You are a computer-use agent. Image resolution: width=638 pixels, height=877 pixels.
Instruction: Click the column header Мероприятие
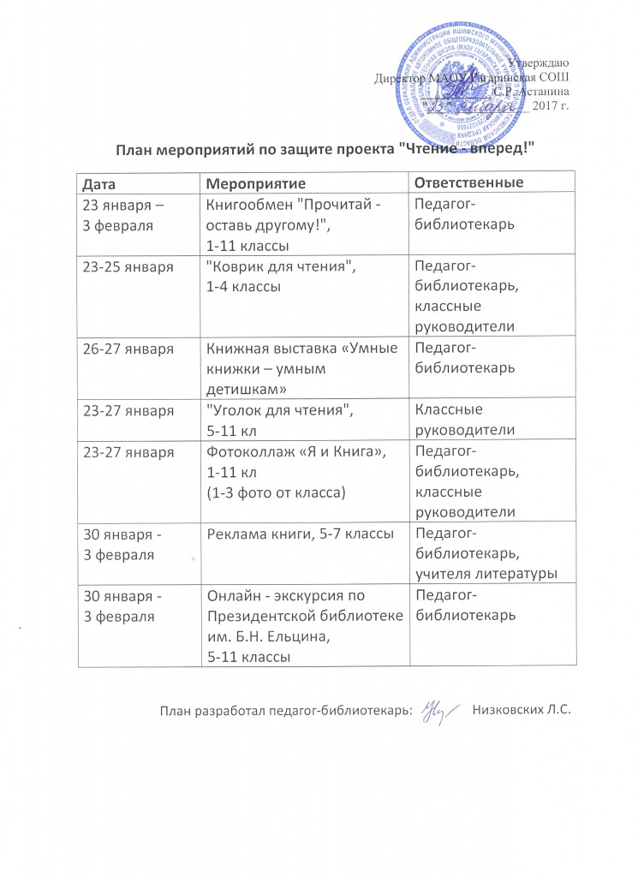(x=255, y=184)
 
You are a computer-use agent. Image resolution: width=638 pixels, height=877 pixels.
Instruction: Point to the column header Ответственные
(x=468, y=183)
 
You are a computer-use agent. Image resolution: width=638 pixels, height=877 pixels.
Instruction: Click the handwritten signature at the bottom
(x=438, y=711)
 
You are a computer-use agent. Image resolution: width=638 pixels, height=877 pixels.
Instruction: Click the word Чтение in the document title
(x=441, y=150)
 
